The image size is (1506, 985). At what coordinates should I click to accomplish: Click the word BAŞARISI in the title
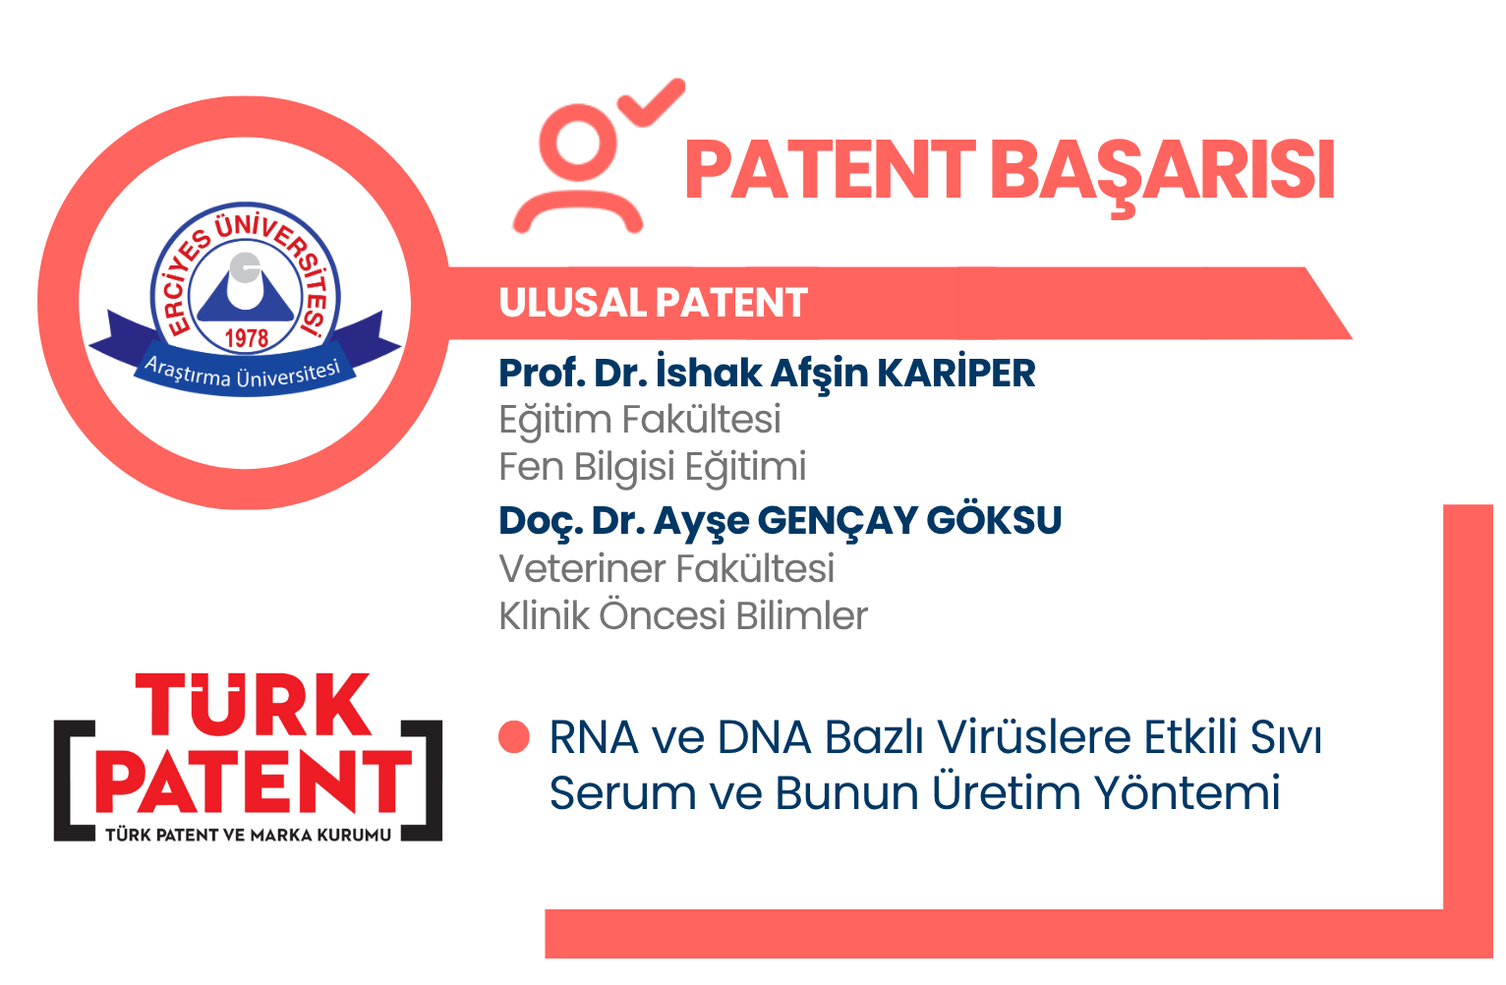point(1162,172)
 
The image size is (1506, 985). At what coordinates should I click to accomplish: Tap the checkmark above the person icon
point(651,103)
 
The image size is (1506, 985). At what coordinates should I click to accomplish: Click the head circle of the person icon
point(578,144)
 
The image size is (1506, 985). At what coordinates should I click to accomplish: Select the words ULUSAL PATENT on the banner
point(653,303)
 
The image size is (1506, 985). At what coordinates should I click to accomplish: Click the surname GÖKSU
point(994,520)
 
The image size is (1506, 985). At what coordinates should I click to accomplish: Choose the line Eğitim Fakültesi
point(639,421)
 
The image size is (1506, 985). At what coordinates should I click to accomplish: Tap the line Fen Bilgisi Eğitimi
point(652,468)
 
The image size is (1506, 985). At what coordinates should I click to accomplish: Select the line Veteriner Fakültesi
point(666,569)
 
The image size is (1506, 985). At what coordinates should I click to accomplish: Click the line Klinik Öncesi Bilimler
point(683,615)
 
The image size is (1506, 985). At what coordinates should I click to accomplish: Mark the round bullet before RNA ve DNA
point(514,737)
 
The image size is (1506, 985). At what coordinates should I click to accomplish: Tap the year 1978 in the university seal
point(246,338)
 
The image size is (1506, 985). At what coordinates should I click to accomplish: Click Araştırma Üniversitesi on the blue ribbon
point(243,374)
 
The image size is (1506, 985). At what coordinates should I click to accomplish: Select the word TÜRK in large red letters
point(253,704)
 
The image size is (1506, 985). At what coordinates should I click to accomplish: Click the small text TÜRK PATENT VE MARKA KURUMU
point(248,835)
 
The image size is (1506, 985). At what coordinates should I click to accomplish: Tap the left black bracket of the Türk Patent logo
point(73,781)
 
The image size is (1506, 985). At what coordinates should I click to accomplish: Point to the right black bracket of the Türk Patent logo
point(423,781)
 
